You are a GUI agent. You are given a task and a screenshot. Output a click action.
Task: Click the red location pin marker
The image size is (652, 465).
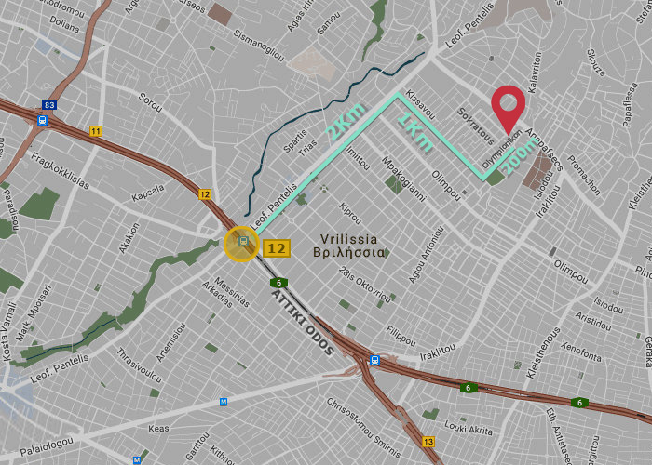point(508,106)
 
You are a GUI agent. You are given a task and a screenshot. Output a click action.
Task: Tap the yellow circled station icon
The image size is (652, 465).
point(242,244)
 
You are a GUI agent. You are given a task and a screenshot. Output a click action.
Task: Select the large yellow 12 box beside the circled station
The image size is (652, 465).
point(277,248)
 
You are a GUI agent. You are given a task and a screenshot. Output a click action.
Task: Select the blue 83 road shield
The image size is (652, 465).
point(49,105)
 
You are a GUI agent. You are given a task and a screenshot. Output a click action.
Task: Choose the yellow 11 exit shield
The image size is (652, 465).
point(95,131)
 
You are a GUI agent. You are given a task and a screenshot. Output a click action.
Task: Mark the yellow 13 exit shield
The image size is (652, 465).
point(428,441)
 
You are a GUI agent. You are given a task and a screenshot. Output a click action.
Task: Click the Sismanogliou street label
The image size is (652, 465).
point(259,42)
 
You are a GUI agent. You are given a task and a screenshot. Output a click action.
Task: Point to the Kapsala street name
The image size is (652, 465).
point(148,192)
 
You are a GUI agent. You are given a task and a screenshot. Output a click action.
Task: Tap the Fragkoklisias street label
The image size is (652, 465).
point(60,172)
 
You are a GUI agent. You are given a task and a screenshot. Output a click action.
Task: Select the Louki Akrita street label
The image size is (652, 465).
point(469,429)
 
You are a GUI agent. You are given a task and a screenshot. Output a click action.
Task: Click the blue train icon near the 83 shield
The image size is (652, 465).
point(43,120)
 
